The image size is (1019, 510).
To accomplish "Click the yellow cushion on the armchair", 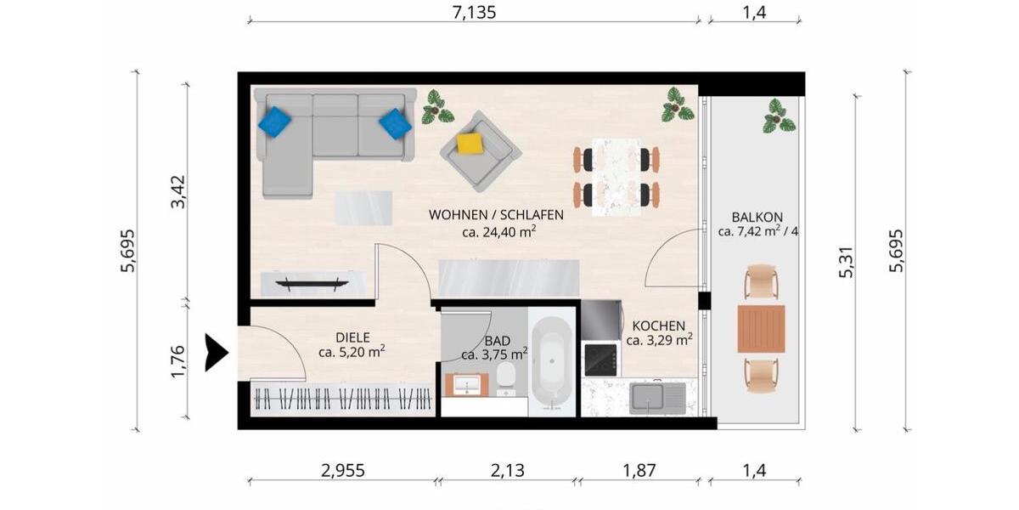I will (x=470, y=143).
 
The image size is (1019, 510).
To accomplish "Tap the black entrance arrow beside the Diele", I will (x=216, y=352).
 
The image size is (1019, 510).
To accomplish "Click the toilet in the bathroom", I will (x=508, y=377).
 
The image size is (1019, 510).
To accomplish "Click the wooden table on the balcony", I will (x=760, y=329).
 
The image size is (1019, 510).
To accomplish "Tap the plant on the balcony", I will (x=778, y=116).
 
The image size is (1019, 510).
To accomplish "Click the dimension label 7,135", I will (x=474, y=12).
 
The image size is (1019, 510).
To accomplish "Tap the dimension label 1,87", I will (x=639, y=470).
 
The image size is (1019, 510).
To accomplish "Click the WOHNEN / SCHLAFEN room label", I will (x=496, y=214).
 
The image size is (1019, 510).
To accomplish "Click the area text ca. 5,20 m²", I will (x=352, y=352).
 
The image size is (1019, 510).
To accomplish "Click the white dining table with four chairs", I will (x=616, y=177).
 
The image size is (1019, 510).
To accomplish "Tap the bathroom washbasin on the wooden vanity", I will (x=466, y=386).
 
